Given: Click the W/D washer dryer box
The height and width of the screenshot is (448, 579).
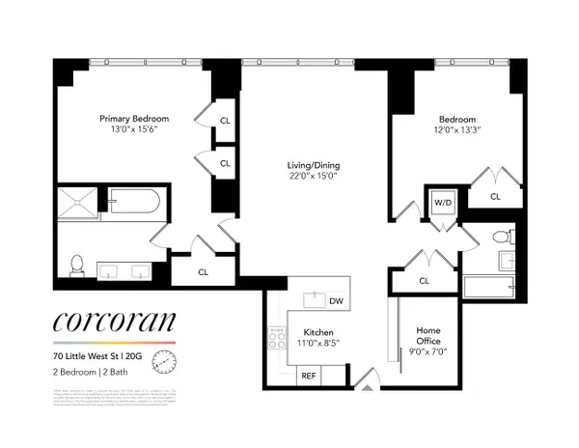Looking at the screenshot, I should pos(442,204).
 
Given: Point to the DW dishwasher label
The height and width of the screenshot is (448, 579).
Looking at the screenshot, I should pos(335,301).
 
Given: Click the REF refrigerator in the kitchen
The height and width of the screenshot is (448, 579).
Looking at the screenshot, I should pos(308,375).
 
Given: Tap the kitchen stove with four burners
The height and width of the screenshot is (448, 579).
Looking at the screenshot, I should pos(277,337).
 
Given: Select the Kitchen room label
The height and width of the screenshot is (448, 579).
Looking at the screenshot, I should pos(318,329).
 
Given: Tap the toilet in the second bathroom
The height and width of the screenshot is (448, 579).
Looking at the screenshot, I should pos(501,238).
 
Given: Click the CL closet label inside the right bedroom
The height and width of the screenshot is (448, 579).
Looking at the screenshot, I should pos(495,197).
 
